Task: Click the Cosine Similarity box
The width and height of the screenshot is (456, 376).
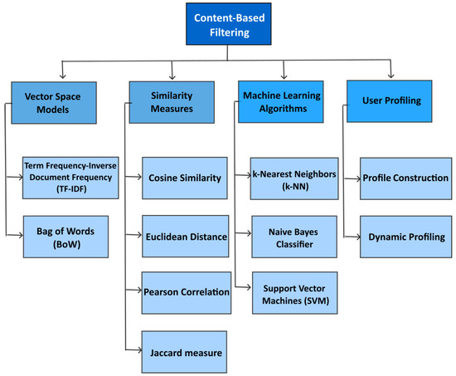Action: pyautogui.click(x=183, y=177)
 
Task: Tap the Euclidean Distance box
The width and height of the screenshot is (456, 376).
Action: pyautogui.click(x=183, y=236)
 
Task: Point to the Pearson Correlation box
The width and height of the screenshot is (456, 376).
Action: pyautogui.click(x=183, y=292)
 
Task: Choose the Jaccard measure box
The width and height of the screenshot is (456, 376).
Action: pyautogui.click(x=183, y=353)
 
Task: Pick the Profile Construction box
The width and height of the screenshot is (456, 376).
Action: pyautogui.click(x=406, y=178)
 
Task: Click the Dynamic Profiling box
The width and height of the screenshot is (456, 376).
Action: pyautogui.click(x=406, y=236)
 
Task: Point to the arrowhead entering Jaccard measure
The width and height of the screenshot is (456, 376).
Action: pyautogui.click(x=138, y=353)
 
